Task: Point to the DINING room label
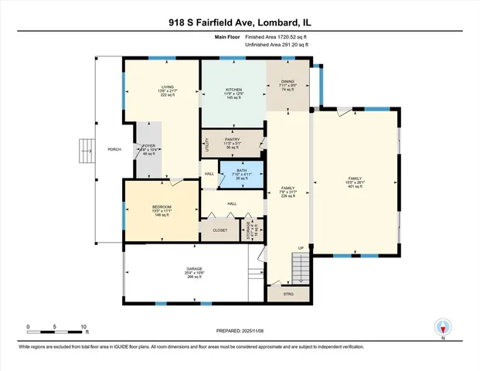point(287,81)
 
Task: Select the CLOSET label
point(220,230)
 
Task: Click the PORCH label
point(114,149)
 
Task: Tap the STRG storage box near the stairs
point(288,294)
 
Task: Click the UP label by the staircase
point(301,248)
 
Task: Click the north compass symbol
point(442,328)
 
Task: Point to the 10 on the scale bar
point(84,327)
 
